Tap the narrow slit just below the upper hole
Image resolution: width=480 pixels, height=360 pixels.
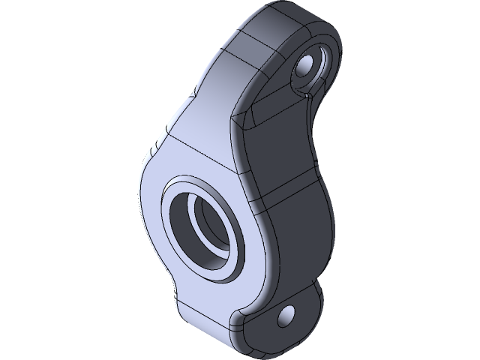tap(307, 94)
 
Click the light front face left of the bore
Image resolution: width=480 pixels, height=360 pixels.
tap(150, 217)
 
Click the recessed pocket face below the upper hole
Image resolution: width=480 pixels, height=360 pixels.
tap(277, 112)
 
